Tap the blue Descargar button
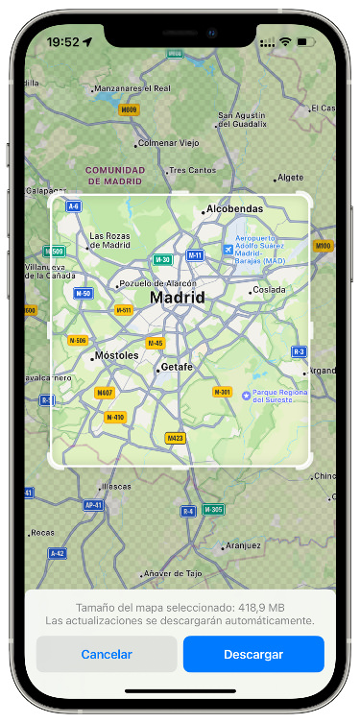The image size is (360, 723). (x=253, y=654)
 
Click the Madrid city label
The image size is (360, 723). (x=178, y=299)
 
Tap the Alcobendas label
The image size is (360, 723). (x=234, y=209)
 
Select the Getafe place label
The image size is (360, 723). (x=176, y=367)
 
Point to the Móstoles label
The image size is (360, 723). (x=115, y=355)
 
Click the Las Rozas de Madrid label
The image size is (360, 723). (x=109, y=240)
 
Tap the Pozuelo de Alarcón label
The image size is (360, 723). (x=158, y=283)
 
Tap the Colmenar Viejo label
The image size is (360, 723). (x=168, y=143)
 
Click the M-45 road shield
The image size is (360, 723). (x=155, y=343)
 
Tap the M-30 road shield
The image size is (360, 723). (x=163, y=259)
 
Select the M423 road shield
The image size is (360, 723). (x=175, y=438)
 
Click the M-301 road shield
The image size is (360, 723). (x=222, y=392)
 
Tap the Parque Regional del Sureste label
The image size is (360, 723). (x=280, y=396)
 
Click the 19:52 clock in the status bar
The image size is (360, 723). (x=63, y=42)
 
